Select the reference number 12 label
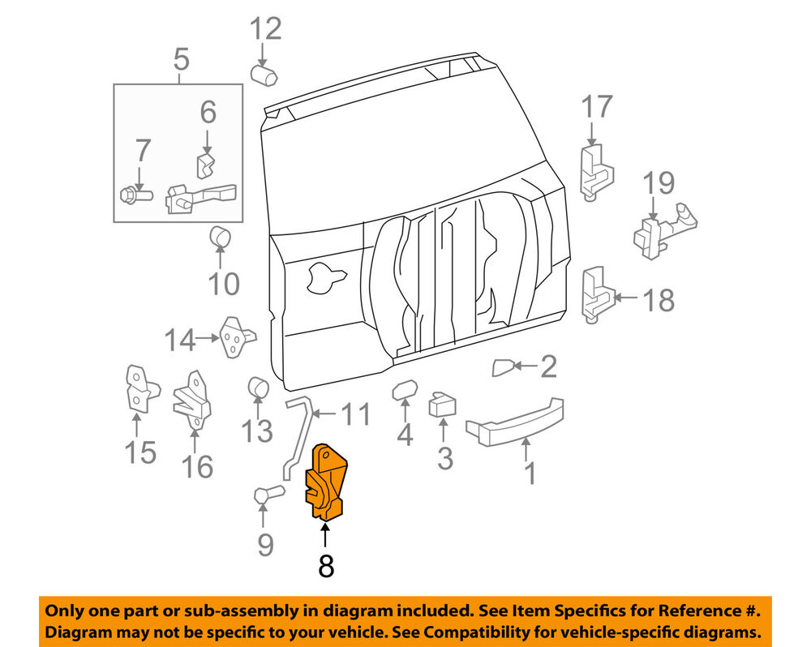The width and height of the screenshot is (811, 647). tap(265, 29)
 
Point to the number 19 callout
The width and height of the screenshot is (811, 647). tap(659, 183)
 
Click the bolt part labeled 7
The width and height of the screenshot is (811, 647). tap(136, 195)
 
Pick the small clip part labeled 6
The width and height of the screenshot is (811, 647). tap(206, 165)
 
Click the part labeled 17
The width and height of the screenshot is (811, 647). tap(596, 169)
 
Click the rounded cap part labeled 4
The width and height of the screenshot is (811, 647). tap(405, 392)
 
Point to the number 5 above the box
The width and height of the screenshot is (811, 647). tap(180, 59)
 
